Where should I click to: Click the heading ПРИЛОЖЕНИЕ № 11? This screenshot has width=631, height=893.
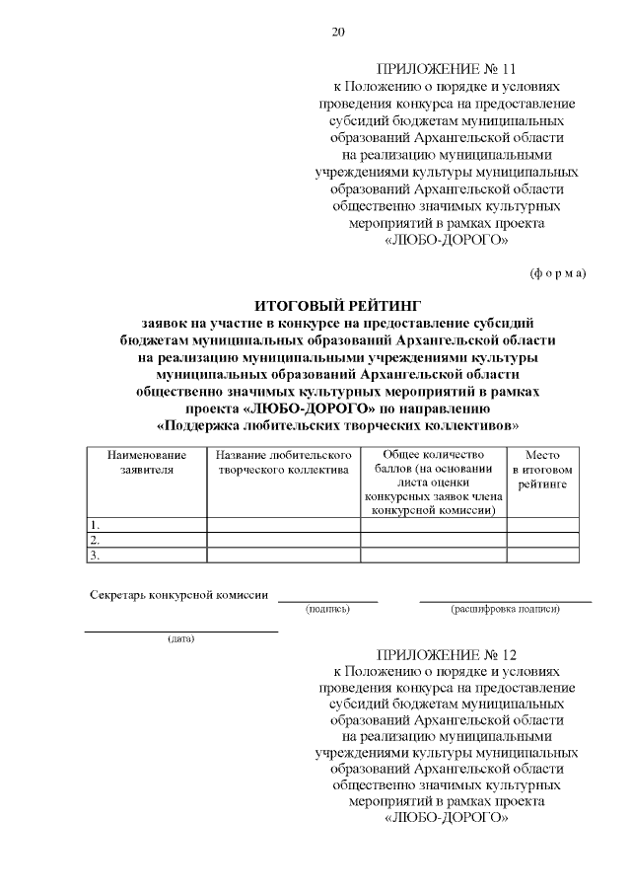click(447, 70)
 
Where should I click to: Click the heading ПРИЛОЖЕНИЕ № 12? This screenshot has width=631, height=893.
click(447, 654)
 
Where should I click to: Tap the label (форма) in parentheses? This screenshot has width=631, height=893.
click(557, 271)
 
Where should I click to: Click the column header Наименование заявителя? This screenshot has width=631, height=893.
click(147, 463)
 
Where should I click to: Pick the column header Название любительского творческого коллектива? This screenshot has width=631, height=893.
click(283, 463)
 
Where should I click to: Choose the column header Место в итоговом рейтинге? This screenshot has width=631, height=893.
click(542, 470)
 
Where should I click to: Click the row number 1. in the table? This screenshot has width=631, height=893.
click(95, 525)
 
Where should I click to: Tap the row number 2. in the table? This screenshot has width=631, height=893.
click(95, 540)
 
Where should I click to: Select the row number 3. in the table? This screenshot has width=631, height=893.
click(95, 555)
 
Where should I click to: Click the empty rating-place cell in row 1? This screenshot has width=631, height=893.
click(542, 525)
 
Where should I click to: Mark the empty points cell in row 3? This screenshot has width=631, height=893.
click(433, 555)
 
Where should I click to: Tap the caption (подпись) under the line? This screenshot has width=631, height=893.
click(327, 610)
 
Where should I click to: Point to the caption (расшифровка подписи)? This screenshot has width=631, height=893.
click(505, 610)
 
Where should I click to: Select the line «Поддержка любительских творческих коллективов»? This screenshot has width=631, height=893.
click(337, 426)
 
